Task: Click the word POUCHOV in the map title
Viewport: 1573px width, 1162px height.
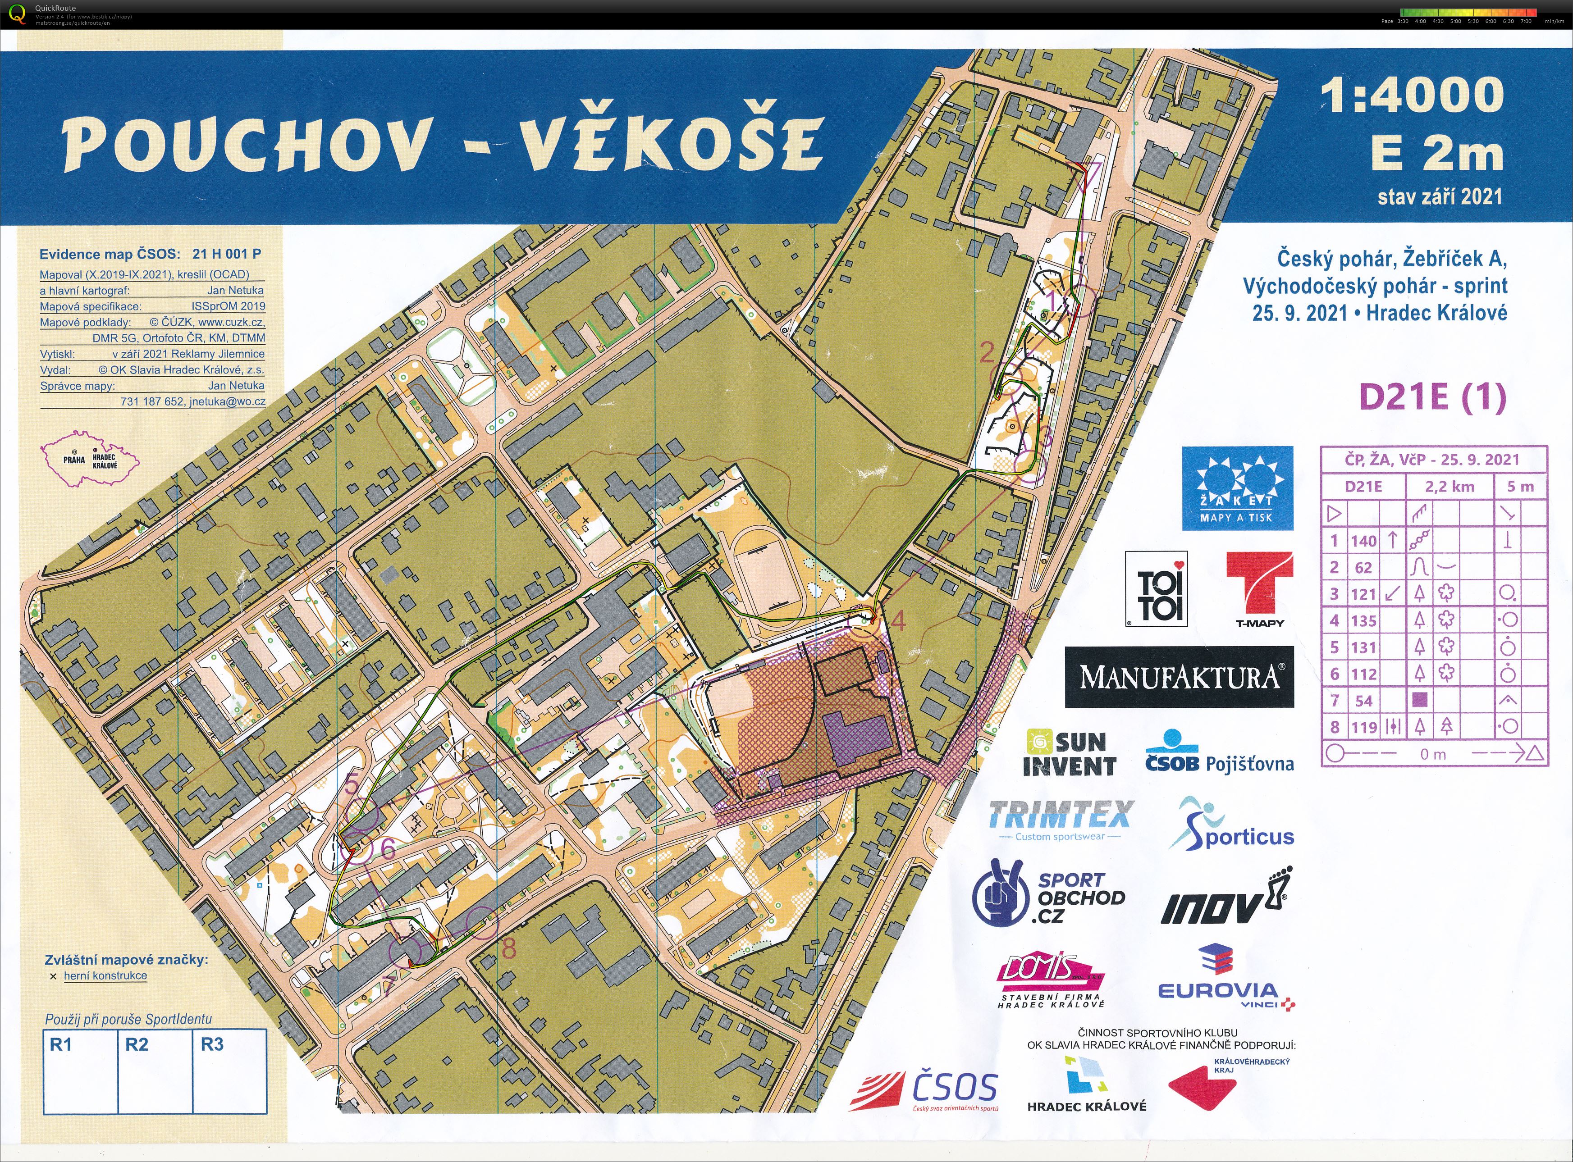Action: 246,143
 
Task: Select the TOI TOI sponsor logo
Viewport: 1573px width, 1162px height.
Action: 1156,588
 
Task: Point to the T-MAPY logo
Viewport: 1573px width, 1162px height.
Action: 1259,588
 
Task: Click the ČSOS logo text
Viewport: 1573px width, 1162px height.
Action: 954,1088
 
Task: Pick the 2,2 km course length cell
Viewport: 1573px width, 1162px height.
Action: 1449,487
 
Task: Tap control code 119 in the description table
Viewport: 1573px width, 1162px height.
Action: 1363,727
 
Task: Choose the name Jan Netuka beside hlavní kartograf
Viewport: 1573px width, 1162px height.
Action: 236,290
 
